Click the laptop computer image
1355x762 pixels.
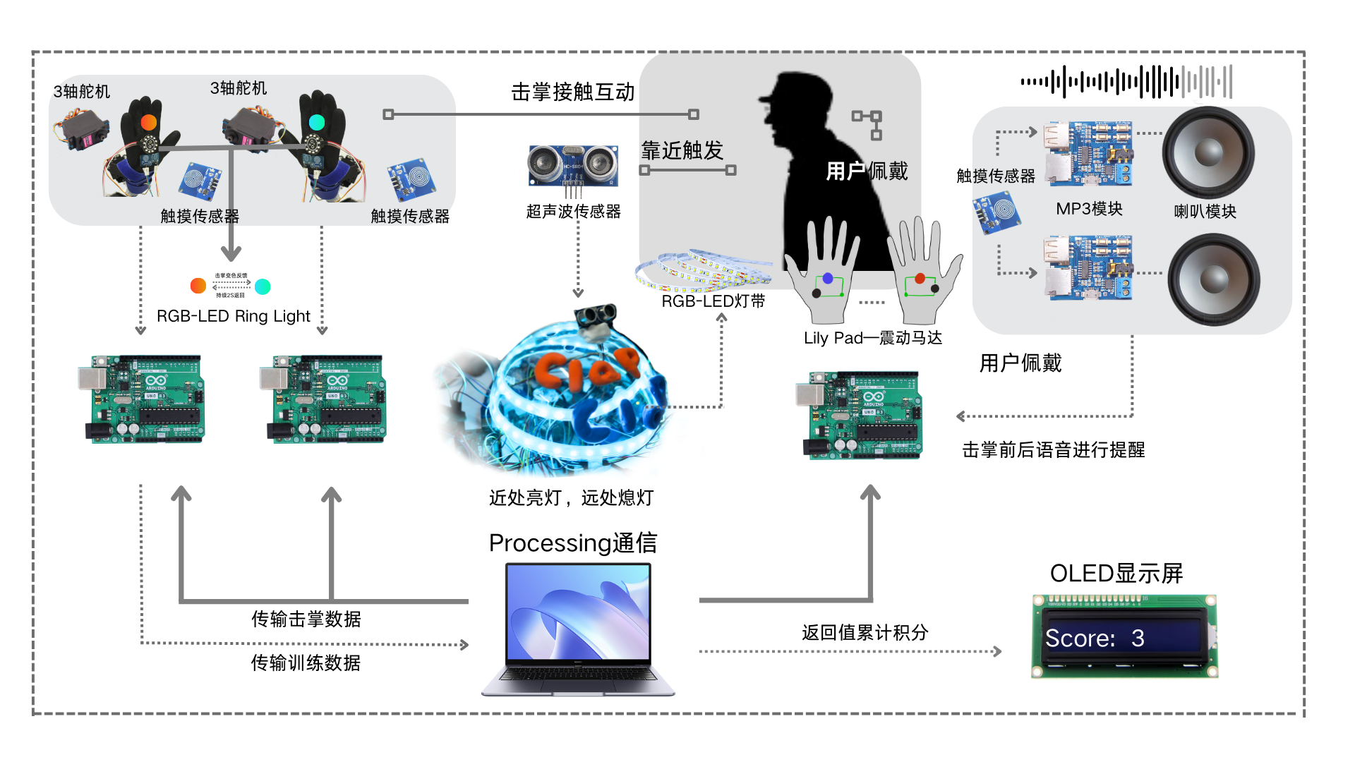point(578,628)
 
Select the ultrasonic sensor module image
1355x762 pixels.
point(573,167)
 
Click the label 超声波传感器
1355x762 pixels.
point(573,211)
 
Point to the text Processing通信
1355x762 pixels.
point(573,543)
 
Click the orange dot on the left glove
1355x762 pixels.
point(149,122)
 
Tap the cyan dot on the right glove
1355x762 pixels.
point(317,122)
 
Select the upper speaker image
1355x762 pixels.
point(1208,152)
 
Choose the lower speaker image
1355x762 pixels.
point(1214,279)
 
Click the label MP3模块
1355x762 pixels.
point(1089,209)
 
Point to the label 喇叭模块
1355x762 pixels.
point(1205,211)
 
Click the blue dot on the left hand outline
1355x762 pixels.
point(828,278)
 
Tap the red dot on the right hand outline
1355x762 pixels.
point(920,278)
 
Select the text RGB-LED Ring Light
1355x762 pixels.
point(233,316)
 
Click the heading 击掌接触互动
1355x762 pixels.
point(573,92)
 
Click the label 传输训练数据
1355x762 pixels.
point(306,663)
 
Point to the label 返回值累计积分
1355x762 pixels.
point(865,632)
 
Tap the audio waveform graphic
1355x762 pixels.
point(1126,82)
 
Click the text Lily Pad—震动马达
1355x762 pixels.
point(873,338)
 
